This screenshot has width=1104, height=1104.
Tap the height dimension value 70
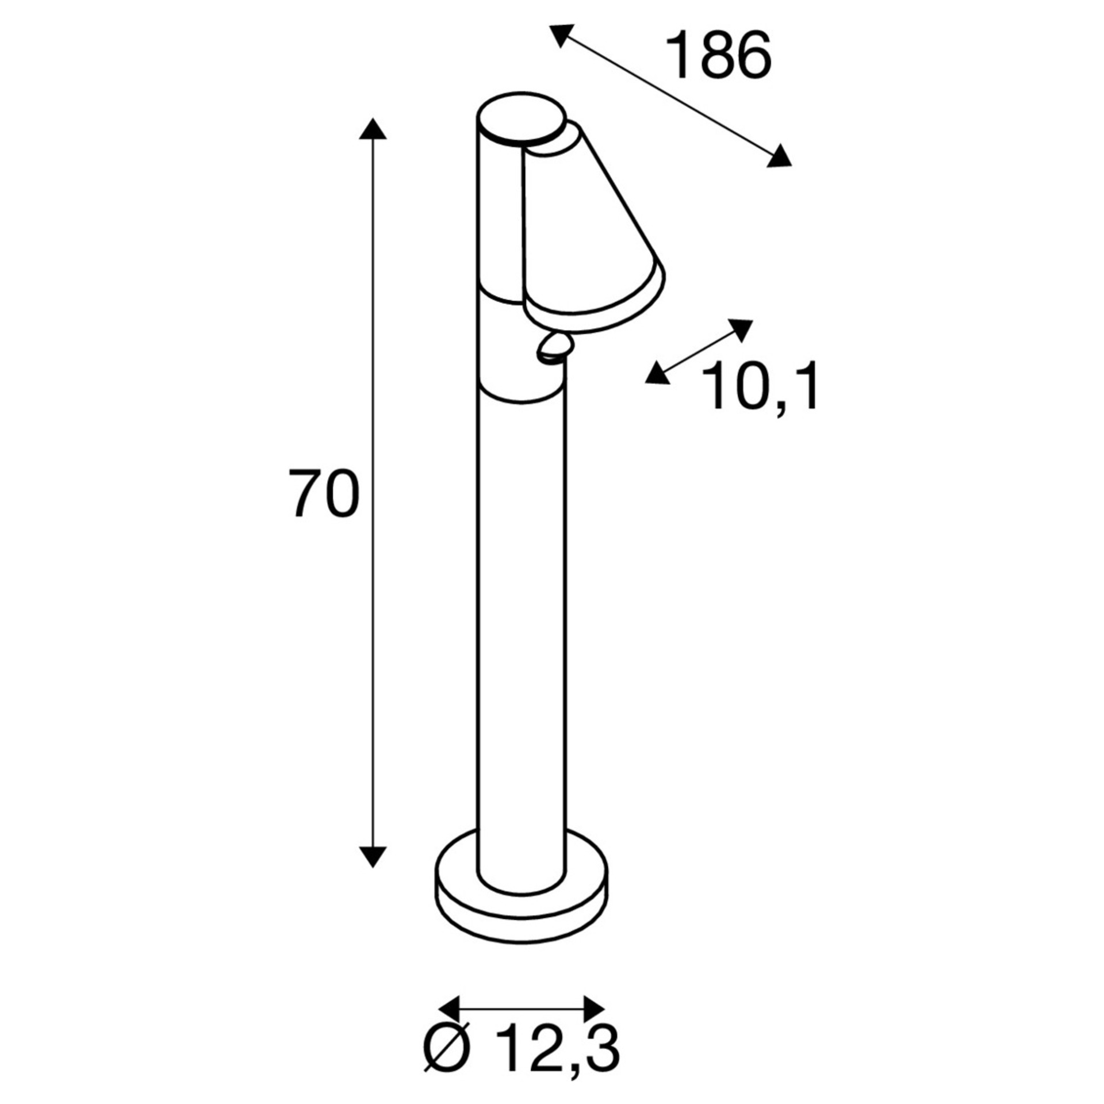pos(323,493)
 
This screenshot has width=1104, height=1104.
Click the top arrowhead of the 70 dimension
pos(373,129)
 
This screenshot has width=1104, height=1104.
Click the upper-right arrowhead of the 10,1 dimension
pos(741,329)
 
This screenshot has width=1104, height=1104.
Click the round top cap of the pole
pos(521,118)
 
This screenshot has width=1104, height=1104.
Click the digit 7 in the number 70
pos(305,493)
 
